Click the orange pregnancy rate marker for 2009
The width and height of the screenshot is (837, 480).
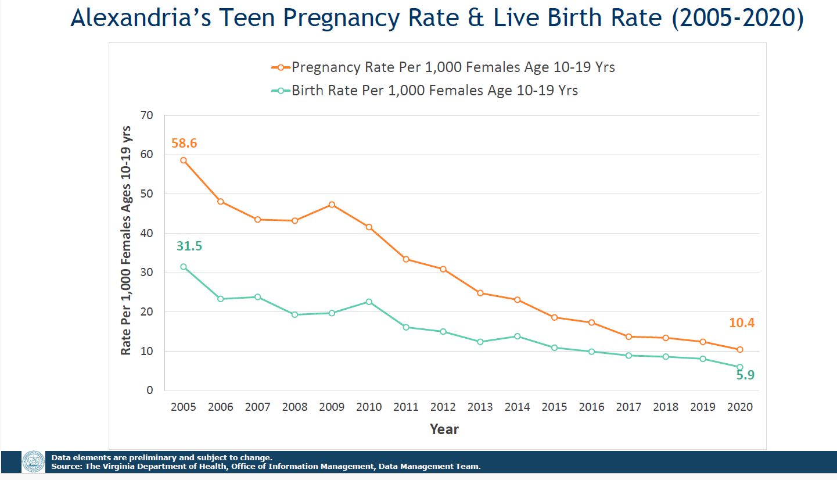point(332,205)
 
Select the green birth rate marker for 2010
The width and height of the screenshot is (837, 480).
point(369,302)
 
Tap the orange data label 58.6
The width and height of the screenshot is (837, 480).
point(184,143)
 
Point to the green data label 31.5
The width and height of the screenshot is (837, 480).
point(189,246)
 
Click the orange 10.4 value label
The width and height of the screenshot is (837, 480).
point(742,323)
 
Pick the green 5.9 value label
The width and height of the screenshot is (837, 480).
point(745,375)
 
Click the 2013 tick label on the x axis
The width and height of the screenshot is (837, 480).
point(480,407)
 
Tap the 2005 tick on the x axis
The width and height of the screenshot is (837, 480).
point(183,407)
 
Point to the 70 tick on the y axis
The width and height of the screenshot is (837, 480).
point(147,116)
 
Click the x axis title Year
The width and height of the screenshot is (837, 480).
point(444,429)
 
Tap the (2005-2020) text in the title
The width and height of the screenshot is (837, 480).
point(737,19)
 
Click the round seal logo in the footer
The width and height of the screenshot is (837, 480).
point(33,462)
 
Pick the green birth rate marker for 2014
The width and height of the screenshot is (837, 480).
point(517,336)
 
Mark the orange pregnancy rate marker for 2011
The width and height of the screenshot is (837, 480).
point(406,259)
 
